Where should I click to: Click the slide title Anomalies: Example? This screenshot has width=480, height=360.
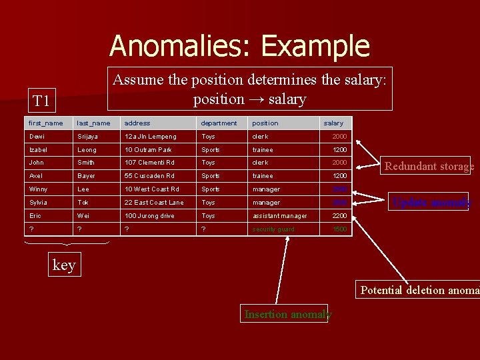[239, 46]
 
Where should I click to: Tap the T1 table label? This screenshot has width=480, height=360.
[41, 101]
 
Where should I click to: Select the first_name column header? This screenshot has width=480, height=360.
[46, 123]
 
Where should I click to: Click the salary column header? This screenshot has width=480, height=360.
[333, 123]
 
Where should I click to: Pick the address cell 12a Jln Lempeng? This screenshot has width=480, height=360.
[150, 137]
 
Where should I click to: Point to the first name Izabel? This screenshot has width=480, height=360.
[39, 150]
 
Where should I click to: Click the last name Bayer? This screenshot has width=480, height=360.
[87, 176]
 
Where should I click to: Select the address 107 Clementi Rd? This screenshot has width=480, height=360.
[149, 163]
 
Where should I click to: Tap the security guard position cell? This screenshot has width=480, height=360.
[273, 229]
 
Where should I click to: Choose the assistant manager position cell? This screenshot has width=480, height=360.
[279, 216]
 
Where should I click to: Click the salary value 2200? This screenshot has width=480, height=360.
[340, 216]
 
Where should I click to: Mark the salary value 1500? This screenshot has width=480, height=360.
[340, 229]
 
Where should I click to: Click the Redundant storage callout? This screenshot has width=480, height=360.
[429, 167]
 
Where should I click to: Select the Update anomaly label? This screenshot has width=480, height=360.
[431, 203]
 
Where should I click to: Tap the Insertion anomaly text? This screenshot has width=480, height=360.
[287, 314]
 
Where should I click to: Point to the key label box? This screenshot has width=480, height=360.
[64, 265]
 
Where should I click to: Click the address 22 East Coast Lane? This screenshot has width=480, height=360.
[153, 203]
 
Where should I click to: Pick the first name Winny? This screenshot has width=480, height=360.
[39, 189]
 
